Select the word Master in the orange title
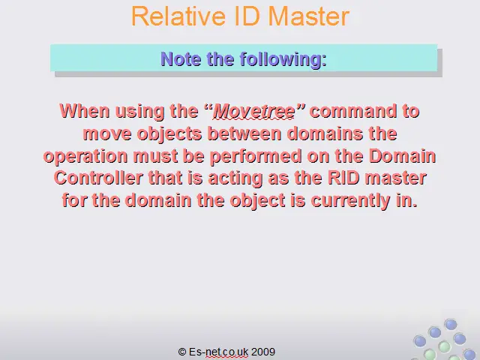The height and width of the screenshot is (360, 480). pos(310,16)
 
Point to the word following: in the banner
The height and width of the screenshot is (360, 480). pos(283,60)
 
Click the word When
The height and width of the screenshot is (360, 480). pos(85,110)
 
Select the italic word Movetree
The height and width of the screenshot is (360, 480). pos(254,111)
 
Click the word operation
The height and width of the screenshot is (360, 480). pos(85,156)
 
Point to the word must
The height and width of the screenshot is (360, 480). pos(155,156)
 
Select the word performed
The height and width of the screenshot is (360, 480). pos(256,156)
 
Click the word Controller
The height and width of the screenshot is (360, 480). pos(98,178)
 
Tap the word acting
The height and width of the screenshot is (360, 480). pos(235,178)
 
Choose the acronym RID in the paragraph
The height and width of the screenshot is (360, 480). pos(343,178)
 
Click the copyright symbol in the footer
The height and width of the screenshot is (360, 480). pos(182,352)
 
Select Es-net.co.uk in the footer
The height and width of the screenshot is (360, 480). pos(218,352)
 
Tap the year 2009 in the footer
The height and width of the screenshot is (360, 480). pos(263,352)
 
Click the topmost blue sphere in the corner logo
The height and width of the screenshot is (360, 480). pos(450,325)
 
